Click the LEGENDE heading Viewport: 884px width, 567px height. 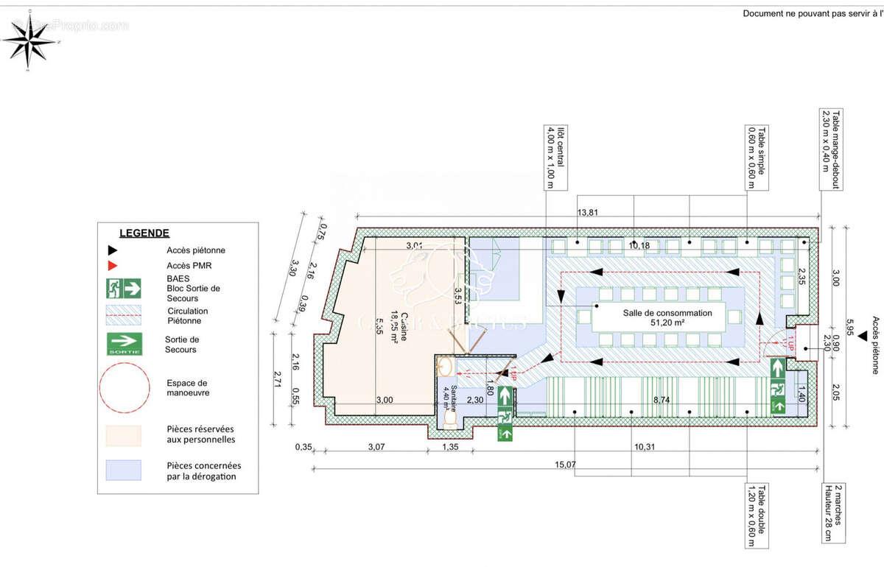144,233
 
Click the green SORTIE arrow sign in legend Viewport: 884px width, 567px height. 124,343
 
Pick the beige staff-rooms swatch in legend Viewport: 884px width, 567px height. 124,435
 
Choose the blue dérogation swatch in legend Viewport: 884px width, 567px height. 124,471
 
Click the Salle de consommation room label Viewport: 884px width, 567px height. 667,317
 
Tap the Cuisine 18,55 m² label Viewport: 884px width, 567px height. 400,328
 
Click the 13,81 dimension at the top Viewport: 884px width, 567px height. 587,213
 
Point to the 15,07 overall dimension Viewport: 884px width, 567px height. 566,465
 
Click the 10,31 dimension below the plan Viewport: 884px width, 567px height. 644,447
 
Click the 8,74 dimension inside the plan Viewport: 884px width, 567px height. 662,399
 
